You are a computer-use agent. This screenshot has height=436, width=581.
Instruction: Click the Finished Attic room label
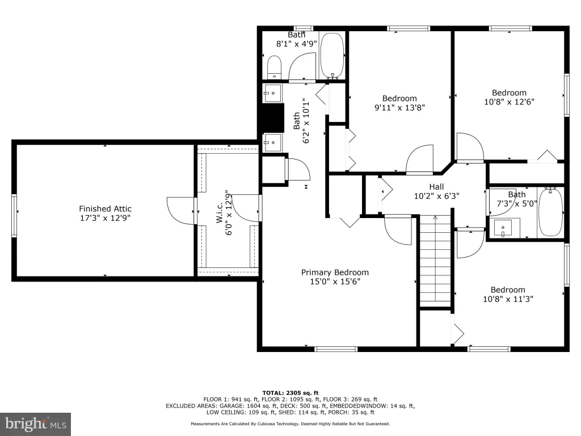pos(105,209)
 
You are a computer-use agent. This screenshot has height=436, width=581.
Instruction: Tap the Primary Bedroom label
pos(335,272)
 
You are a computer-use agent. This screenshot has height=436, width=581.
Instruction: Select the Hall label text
pos(436,187)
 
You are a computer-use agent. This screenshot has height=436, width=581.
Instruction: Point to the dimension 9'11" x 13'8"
pos(399,107)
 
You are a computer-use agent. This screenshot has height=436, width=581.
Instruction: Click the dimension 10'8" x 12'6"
pos(509,102)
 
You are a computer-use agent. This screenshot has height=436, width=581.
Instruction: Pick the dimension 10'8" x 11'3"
pos(508,299)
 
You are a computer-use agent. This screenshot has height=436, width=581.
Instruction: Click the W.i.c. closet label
pos(220,212)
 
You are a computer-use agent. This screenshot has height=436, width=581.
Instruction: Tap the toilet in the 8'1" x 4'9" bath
pos(274,67)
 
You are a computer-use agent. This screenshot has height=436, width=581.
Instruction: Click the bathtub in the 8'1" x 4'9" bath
pos(332,56)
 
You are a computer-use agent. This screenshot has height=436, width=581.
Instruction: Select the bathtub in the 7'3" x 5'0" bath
pos(550,211)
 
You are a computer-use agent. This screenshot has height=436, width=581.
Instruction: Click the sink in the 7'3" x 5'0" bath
pos(503,228)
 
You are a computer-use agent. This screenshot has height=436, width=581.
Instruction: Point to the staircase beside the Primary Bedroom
pos(435,261)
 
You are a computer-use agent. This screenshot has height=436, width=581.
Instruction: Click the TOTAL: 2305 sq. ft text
pos(290,393)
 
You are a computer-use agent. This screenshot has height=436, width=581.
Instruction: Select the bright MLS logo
pos(36,424)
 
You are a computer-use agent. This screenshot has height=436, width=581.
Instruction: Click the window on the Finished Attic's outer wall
pos(14,216)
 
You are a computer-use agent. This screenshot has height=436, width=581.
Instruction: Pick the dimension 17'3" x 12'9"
pos(105,218)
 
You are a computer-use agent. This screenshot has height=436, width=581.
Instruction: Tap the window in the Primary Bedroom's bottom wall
pos(336,349)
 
